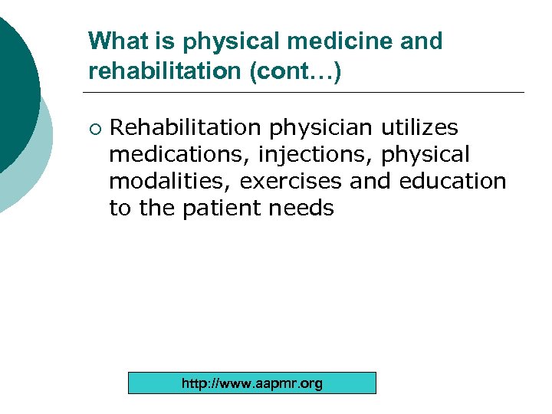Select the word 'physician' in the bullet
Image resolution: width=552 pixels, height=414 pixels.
(x=321, y=127)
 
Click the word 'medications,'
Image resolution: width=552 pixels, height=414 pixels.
(x=179, y=154)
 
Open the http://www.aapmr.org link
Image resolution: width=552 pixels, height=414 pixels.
(x=252, y=383)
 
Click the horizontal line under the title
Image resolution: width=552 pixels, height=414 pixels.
(x=307, y=93)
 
